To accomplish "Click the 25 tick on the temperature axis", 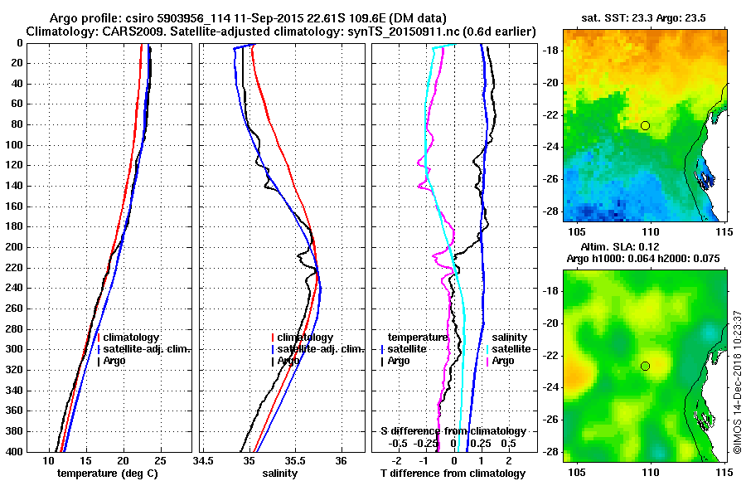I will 160,461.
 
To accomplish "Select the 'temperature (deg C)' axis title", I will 107,474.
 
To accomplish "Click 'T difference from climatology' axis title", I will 453,474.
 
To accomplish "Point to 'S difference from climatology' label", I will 453,431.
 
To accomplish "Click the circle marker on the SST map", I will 645,125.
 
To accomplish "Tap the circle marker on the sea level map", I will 645,366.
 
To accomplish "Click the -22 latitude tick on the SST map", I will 551,114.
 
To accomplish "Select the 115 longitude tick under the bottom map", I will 723,470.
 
